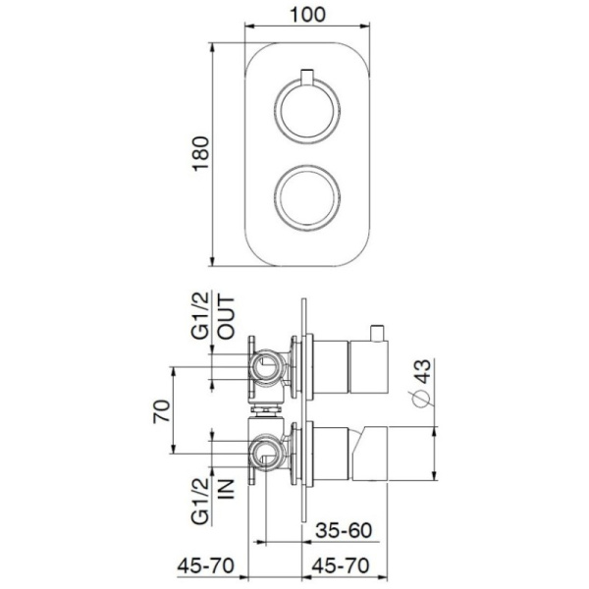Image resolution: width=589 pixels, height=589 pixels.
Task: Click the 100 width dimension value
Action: click(308, 16)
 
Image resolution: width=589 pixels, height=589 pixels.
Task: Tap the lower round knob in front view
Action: click(308, 197)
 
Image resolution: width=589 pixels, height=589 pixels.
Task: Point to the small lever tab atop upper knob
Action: click(308, 76)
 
